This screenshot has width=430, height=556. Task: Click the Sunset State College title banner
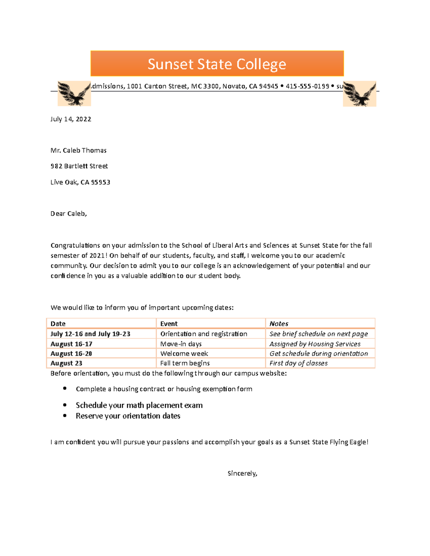tap(217, 64)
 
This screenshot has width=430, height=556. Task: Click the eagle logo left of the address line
tap(74, 94)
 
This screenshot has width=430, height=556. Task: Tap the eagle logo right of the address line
tap(359, 94)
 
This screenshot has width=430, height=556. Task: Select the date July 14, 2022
tap(71, 119)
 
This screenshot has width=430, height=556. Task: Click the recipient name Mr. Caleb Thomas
tap(78, 150)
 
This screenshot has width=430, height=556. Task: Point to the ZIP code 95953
tap(101, 182)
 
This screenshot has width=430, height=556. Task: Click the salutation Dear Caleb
tap(68, 214)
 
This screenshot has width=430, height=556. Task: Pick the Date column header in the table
tap(58, 324)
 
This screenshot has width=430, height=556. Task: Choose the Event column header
tap(169, 324)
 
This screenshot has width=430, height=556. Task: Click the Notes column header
tap(279, 324)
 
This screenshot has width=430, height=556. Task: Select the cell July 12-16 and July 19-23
tap(90, 334)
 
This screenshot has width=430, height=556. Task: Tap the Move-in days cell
tap(181, 344)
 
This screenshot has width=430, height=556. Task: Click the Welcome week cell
tap(184, 353)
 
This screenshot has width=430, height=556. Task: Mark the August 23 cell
tap(66, 363)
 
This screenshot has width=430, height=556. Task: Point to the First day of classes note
tap(298, 363)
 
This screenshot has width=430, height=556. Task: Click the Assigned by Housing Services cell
tap(315, 344)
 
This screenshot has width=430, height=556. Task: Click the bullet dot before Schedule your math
tap(65, 405)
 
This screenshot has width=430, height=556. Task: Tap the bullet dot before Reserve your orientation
tap(65, 416)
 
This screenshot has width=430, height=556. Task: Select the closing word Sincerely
tap(242, 473)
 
